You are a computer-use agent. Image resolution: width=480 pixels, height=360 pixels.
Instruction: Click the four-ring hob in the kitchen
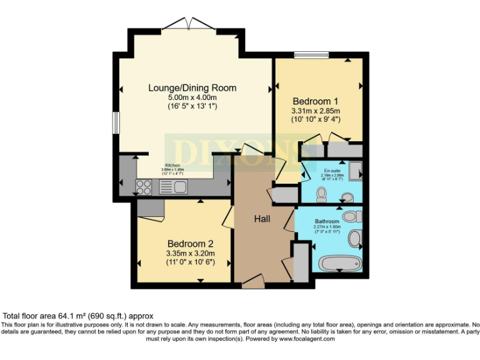click(x=144, y=186)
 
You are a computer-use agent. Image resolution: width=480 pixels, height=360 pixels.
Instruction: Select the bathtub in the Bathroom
click(x=340, y=262)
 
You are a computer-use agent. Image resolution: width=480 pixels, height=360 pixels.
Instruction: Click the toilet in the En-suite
click(x=322, y=196)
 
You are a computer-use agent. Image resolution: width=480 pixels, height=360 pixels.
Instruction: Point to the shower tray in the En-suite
click(x=354, y=171)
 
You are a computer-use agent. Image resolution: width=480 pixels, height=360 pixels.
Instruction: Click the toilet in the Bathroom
click(x=352, y=216)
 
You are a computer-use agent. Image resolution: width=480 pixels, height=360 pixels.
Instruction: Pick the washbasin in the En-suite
click(x=347, y=197)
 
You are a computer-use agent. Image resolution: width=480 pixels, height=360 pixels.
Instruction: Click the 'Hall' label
click(x=262, y=219)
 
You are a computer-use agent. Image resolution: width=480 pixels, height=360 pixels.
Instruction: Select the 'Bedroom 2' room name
click(x=191, y=243)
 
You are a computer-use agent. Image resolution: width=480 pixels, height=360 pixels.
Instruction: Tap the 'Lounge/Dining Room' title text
click(x=192, y=87)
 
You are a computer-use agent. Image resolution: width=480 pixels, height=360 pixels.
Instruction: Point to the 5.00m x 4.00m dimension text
click(x=192, y=97)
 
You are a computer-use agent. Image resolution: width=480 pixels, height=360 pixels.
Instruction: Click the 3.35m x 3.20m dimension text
click(x=191, y=253)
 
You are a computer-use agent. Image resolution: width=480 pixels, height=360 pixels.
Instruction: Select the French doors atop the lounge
click(x=188, y=24)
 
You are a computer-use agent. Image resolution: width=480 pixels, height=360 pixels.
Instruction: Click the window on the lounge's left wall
click(x=116, y=122)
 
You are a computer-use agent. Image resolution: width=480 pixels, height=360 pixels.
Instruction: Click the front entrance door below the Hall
click(x=252, y=282)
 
